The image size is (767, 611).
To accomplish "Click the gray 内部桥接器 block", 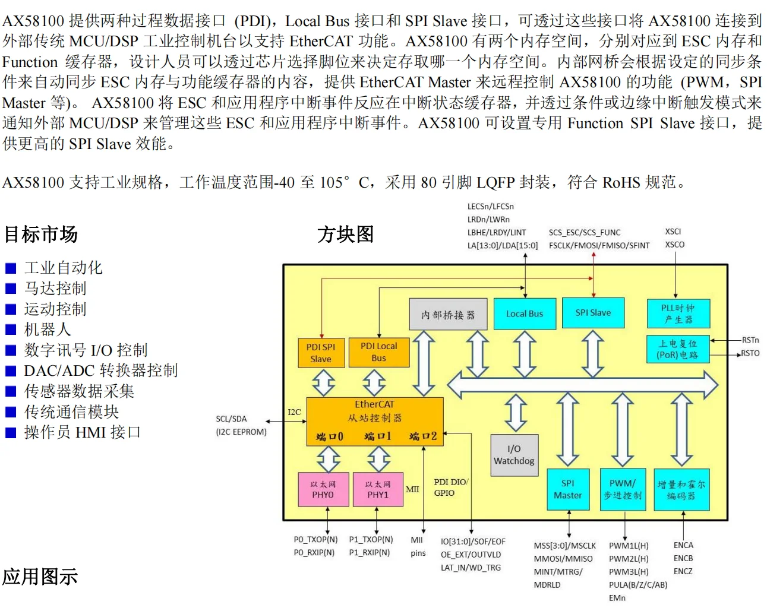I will tap(448, 314).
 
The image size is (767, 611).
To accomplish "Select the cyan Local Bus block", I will tap(524, 314).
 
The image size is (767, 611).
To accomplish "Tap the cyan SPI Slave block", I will tap(593, 313).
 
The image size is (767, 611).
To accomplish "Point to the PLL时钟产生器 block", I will tap(678, 314).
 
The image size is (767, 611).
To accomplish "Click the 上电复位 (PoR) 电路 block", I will tap(677, 349).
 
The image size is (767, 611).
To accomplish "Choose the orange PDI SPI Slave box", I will tap(321, 353).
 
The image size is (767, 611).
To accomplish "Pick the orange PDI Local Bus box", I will tap(378, 352).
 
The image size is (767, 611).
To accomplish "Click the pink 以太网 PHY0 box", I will tap(323, 489).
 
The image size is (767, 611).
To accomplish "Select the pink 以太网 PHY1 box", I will tap(378, 489).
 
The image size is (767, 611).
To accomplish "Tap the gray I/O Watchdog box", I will tap(514, 455).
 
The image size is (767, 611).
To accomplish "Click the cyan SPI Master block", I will tap(568, 489).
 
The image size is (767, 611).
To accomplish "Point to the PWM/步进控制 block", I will tap(622, 489).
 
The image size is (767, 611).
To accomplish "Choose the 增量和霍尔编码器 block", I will tap(681, 490).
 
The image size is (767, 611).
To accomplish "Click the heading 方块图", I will tap(345, 234).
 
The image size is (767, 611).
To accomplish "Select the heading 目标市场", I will tap(41, 234).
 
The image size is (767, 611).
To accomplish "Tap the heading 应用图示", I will tap(40, 577).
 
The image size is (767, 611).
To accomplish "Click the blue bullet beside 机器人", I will tap(11, 330).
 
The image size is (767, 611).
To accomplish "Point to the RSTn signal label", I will tap(750, 340).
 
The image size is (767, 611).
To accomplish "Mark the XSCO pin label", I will tap(674, 245).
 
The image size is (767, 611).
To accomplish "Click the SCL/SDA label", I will tap(231, 419).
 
